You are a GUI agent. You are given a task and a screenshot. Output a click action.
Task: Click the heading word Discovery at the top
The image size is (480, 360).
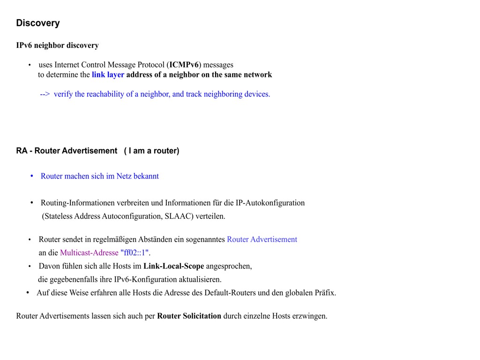coord(38,23)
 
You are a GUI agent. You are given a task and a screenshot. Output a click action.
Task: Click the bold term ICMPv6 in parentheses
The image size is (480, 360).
coord(184,65)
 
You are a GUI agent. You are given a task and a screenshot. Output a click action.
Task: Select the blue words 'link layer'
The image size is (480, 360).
coord(108,75)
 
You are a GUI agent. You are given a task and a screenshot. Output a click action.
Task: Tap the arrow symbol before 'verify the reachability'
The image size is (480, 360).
coord(45,94)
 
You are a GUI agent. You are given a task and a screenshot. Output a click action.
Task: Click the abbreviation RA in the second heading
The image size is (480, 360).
coord(22,151)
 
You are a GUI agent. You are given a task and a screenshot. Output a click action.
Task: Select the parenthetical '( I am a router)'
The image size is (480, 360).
coord(151,151)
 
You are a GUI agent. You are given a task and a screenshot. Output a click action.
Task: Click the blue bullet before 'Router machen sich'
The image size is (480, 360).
coord(32,176)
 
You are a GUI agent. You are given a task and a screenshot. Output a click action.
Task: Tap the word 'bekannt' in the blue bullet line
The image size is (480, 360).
coord(146,176)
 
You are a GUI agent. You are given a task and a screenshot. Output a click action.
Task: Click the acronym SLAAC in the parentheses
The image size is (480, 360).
coord(178,216)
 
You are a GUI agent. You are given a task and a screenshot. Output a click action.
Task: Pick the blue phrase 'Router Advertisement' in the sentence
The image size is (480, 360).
coord(262,240)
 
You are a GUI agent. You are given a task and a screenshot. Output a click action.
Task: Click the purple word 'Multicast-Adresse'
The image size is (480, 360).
coord(89,253)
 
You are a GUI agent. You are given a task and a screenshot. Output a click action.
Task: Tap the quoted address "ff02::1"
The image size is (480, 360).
coord(135,253)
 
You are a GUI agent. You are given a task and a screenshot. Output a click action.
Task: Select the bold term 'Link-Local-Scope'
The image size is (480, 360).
coord(173,266)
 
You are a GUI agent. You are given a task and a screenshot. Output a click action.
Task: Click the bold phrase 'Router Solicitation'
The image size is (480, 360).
coord(189,316)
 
